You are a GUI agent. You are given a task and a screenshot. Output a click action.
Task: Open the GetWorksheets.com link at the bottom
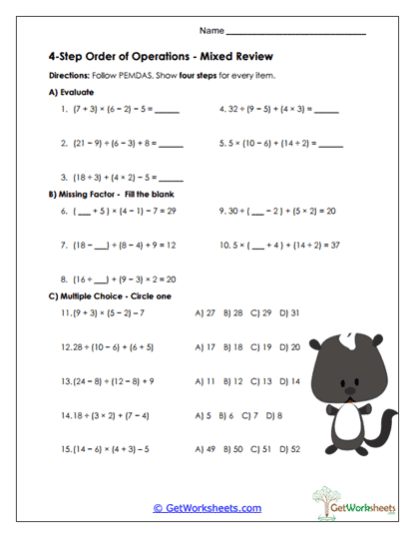[x=207, y=508]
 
